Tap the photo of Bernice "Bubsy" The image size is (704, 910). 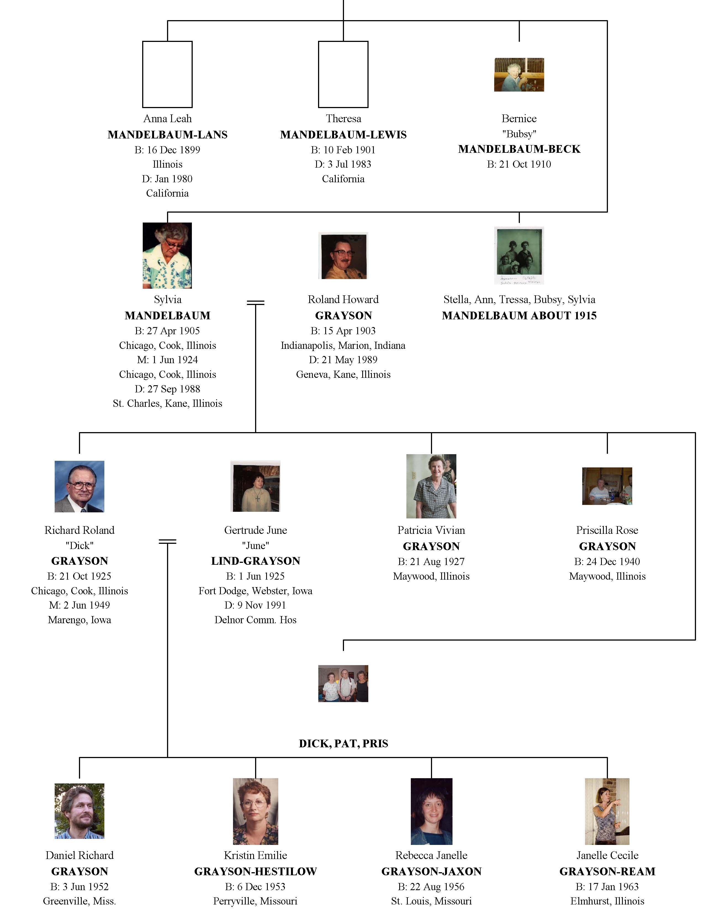[519, 74]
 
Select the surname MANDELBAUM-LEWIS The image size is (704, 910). [343, 135]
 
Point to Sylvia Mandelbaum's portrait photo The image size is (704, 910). [167, 255]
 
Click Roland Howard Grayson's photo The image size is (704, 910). [343, 255]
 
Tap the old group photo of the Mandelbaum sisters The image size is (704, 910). [519, 255]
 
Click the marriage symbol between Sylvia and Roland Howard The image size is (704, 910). [256, 303]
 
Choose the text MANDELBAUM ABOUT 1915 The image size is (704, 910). [519, 315]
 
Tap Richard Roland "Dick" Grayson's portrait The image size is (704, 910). [79, 486]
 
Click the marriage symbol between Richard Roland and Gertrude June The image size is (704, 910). [168, 541]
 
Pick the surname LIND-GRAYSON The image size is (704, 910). [256, 561]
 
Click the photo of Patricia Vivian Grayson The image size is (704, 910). [431, 486]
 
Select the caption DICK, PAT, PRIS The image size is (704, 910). [343, 744]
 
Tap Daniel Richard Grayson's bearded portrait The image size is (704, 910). [79, 811]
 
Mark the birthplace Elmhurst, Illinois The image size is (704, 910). [607, 901]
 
